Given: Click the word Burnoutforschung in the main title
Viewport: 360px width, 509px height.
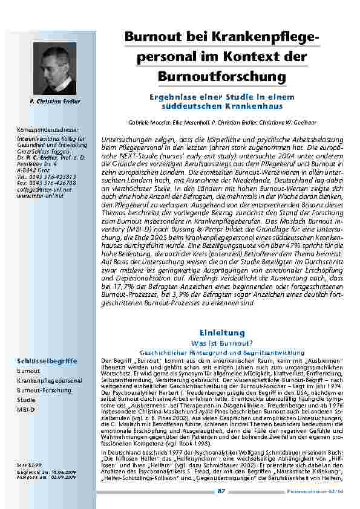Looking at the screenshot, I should coord(221,77).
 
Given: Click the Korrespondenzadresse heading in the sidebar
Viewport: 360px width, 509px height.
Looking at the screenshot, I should coord(46,129).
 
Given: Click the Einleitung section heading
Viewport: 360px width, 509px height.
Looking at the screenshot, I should coord(221,333).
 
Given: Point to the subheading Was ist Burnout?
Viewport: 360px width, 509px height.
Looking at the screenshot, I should coord(221,343).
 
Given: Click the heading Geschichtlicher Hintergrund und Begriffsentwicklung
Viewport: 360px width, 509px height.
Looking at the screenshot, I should coord(221,351).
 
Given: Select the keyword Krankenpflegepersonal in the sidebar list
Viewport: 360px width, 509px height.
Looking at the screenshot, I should coord(50,381).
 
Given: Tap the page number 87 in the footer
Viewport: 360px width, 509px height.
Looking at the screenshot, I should coord(221,491).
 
